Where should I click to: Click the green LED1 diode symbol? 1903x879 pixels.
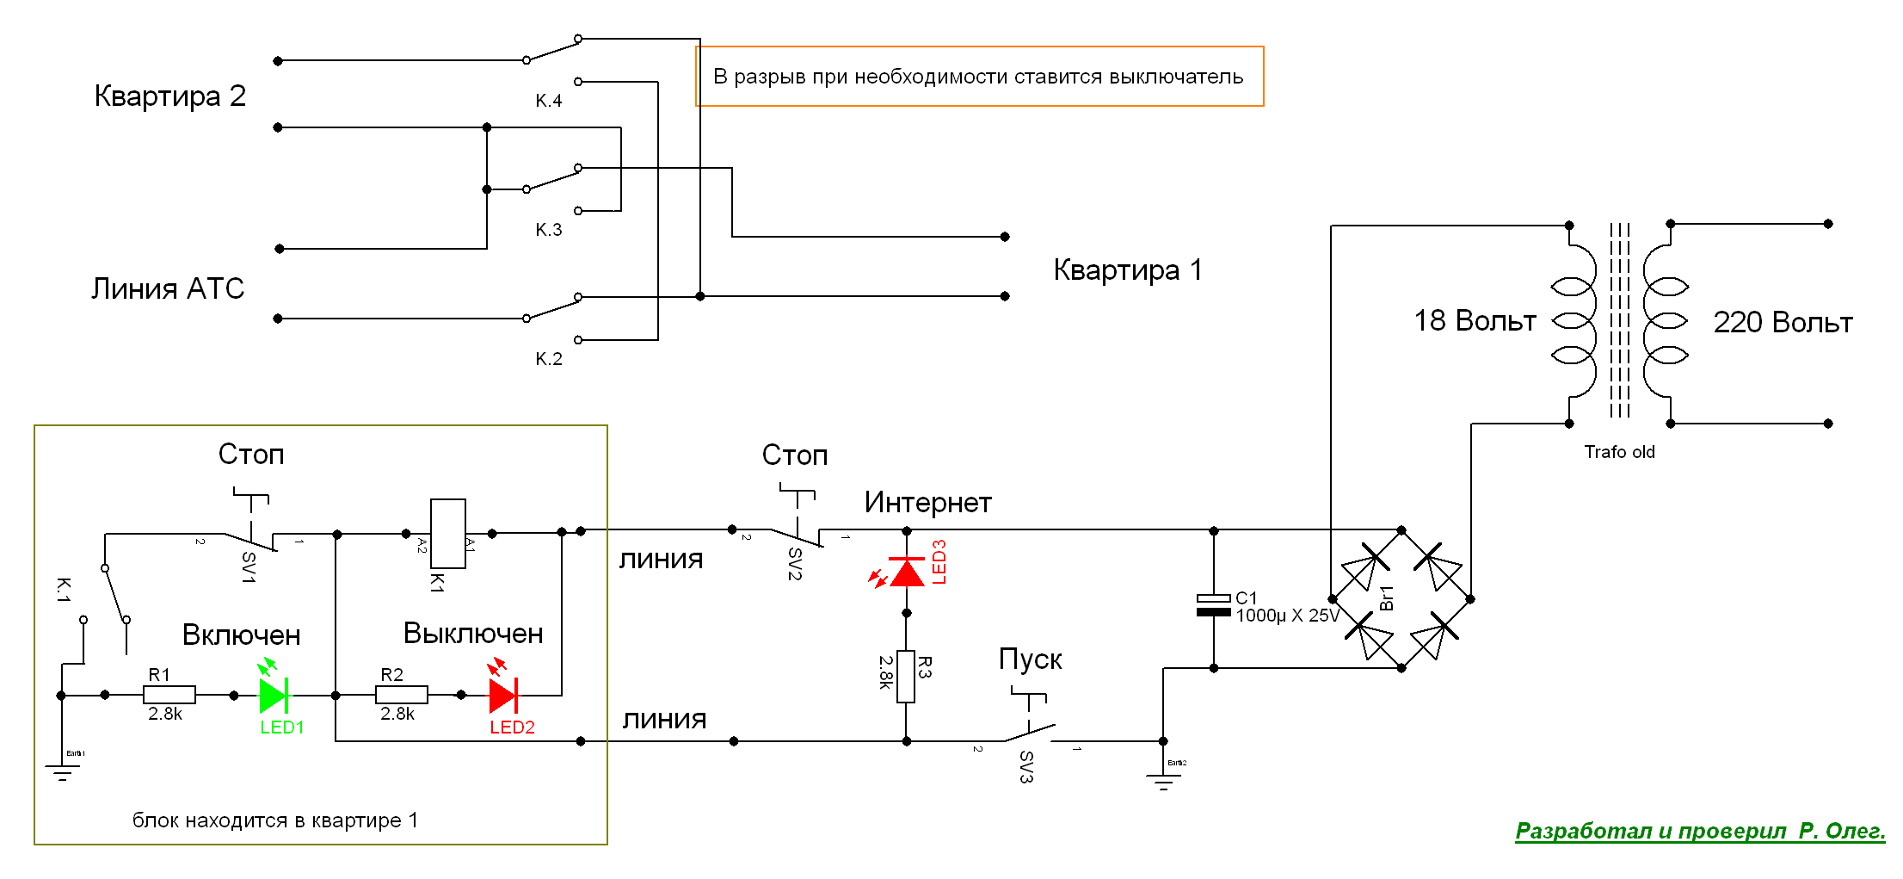coord(274,695)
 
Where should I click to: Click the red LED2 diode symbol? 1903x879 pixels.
coord(503,695)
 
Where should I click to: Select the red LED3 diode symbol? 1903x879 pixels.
coord(907,572)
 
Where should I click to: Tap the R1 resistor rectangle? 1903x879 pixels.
coord(169,695)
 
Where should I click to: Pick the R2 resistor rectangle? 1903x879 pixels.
coord(402,695)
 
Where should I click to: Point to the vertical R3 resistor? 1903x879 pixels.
coord(906,677)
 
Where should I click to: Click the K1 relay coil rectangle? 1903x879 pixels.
coord(448,534)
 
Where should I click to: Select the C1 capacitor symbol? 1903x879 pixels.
coord(1214,604)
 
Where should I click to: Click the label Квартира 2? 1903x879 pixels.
coord(170,96)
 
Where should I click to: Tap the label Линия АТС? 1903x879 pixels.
coord(168,288)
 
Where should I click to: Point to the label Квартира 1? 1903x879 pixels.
coord(1128,270)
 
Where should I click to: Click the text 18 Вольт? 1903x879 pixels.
coord(1475,321)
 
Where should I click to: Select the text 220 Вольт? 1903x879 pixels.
coord(1783,323)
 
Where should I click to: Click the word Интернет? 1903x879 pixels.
coord(928,503)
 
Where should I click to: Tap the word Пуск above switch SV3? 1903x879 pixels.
coord(1030,659)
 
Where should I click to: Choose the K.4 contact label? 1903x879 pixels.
coord(549,101)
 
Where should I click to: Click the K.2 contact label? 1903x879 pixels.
coord(549,359)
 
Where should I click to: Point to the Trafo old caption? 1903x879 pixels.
coord(1619,452)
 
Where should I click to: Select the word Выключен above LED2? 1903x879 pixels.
coord(473,634)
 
